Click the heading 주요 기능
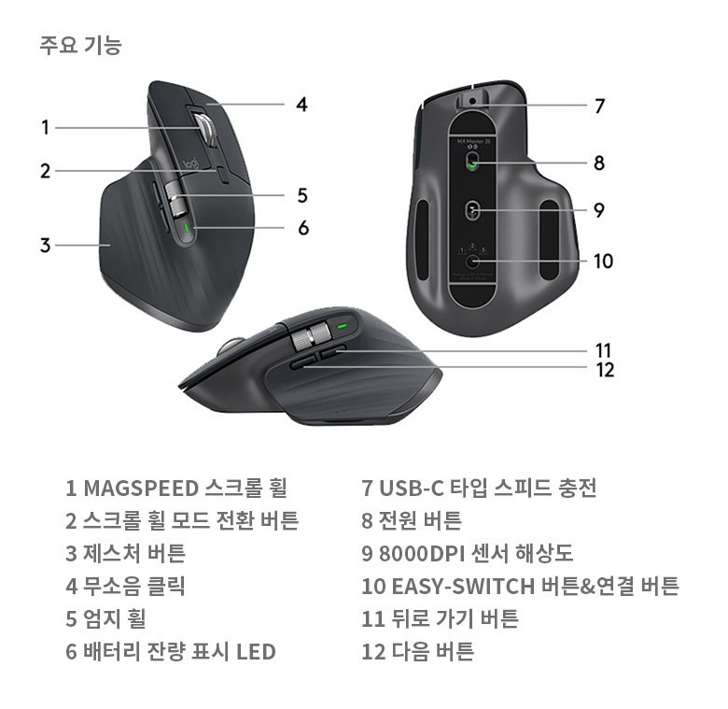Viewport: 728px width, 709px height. pyautogui.click(x=80, y=44)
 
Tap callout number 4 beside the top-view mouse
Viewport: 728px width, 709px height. pyautogui.click(x=301, y=104)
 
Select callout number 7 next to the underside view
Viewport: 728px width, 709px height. pyautogui.click(x=600, y=106)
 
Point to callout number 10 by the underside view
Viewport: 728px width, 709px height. pyautogui.click(x=603, y=261)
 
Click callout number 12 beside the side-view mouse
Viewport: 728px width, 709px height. pyautogui.click(x=605, y=370)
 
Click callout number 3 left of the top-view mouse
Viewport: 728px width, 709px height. pyautogui.click(x=44, y=246)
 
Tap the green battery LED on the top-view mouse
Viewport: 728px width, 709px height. pyautogui.click(x=187, y=227)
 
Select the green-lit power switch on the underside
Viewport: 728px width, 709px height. pyautogui.click(x=473, y=163)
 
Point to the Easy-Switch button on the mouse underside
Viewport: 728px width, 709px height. pyautogui.click(x=473, y=262)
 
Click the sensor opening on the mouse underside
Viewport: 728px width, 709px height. pyautogui.click(x=473, y=211)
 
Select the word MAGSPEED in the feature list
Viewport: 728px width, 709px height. pyautogui.click(x=141, y=488)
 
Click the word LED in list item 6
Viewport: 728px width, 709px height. pyautogui.click(x=255, y=651)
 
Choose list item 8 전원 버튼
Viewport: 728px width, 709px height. pyautogui.click(x=411, y=520)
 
